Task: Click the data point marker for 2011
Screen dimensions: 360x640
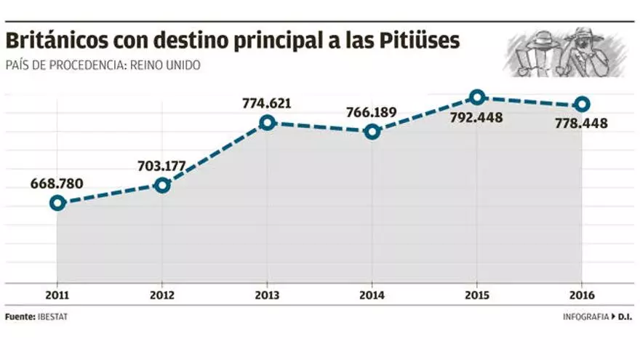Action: click(x=57, y=203)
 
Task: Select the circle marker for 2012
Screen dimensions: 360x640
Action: click(x=162, y=185)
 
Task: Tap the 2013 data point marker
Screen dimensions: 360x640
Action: click(x=267, y=122)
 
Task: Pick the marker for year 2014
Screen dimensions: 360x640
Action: click(x=372, y=132)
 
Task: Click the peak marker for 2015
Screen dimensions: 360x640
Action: click(x=476, y=97)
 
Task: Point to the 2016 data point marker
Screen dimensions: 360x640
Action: click(x=581, y=104)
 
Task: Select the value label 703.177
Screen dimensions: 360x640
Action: click(x=162, y=165)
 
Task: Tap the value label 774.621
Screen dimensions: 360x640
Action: click(x=267, y=103)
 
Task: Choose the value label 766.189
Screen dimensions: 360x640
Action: click(x=372, y=112)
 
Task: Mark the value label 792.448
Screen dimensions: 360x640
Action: click(x=476, y=117)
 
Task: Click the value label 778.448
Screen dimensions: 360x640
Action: click(x=581, y=124)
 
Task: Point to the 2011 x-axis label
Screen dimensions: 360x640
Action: click(x=57, y=295)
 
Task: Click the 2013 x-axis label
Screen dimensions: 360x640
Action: click(x=267, y=295)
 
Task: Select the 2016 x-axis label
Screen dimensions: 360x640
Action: click(x=581, y=295)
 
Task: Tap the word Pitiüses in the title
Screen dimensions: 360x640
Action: click(x=420, y=41)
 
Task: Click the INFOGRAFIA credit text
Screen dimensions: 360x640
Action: click(x=586, y=318)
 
